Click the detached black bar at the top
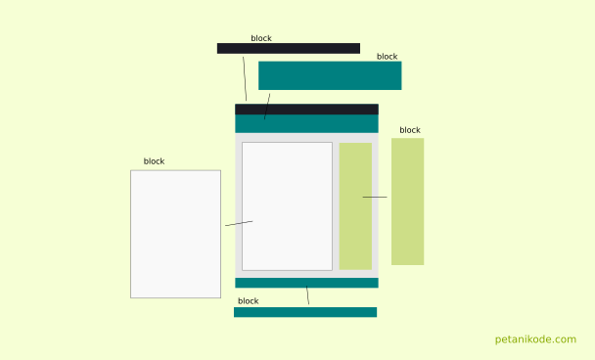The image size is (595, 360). [288, 48]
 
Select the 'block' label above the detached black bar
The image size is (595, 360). [261, 39]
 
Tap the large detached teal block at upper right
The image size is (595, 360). [330, 75]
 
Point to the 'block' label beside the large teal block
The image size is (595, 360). [388, 57]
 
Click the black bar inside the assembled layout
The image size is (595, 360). [306, 110]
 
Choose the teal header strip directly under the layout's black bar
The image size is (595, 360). [306, 124]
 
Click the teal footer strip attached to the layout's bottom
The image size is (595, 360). [306, 283]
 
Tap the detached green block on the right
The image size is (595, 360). [407, 201]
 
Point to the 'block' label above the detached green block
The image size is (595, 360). [410, 130]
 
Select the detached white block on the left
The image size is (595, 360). [175, 234]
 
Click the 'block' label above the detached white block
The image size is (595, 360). [155, 161]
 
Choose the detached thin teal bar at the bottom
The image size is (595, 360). [305, 312]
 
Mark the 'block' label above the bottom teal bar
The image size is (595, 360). [249, 301]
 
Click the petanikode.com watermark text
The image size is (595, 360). [535, 339]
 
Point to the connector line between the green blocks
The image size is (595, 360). [375, 198]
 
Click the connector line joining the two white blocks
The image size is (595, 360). [239, 224]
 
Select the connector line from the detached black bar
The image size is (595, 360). [245, 78]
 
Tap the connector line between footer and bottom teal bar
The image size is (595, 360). [307, 295]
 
